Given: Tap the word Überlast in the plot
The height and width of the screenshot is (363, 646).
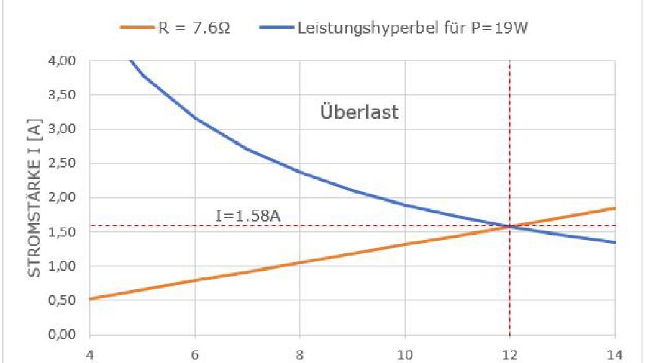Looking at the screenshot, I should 359,114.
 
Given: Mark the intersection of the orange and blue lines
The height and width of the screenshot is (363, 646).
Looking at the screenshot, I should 509,226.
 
